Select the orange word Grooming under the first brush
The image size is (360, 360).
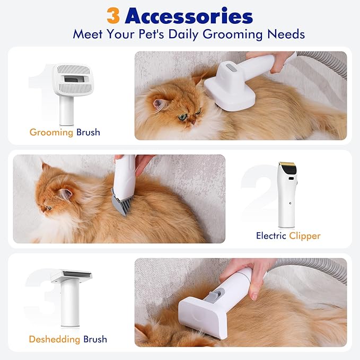[51, 132]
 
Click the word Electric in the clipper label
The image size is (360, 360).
[271, 235]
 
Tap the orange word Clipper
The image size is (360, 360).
[304, 235]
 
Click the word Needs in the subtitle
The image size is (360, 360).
[286, 34]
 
